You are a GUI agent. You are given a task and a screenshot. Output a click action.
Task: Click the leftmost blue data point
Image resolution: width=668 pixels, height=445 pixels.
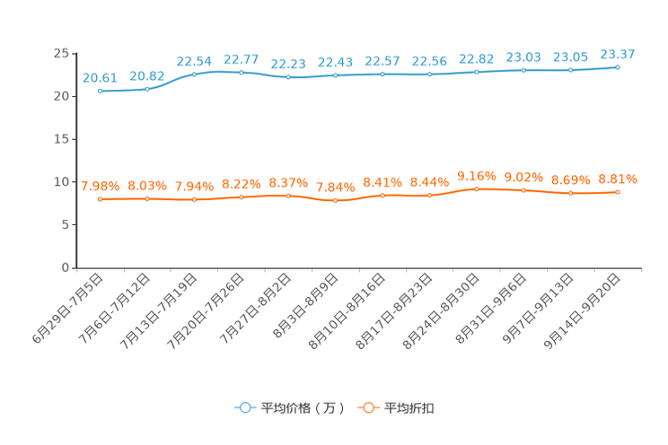[x=101, y=91]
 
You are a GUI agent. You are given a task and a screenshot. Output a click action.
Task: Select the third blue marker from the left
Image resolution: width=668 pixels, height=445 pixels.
[x=194, y=74]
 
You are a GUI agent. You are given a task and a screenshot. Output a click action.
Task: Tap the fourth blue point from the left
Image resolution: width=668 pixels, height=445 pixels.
[x=241, y=72]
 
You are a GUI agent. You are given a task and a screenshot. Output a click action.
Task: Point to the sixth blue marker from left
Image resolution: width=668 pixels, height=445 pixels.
[x=336, y=75]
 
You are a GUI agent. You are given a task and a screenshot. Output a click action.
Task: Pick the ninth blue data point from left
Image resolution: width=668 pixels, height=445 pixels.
[x=477, y=72]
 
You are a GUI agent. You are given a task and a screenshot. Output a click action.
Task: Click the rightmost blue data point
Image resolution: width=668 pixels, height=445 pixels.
[x=618, y=66]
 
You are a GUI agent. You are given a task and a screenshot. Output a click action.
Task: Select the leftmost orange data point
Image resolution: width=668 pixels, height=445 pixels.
[x=101, y=199]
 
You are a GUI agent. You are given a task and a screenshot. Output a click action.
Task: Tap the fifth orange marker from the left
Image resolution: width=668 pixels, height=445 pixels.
[x=288, y=195]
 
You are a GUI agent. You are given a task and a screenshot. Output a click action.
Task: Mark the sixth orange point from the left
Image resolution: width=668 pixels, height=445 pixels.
[x=336, y=200]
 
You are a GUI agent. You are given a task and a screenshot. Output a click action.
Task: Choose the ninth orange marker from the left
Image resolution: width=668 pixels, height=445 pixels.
[x=477, y=188]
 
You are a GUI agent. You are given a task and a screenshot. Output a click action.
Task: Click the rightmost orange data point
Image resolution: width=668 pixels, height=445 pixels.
[x=618, y=191]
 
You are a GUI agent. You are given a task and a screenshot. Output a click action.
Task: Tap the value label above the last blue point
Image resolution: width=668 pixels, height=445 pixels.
[x=617, y=54]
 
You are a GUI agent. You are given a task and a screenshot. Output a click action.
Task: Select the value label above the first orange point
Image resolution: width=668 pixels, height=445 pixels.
[x=100, y=187]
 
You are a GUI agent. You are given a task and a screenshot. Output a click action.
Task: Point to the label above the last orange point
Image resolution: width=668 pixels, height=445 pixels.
[x=617, y=179]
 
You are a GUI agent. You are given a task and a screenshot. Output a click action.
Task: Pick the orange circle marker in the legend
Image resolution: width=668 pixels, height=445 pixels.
[x=368, y=407]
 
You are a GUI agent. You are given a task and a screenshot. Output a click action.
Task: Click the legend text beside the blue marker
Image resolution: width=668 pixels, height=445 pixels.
[x=303, y=408]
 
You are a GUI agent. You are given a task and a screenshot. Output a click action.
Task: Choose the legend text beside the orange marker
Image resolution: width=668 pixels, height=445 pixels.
[x=409, y=408]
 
